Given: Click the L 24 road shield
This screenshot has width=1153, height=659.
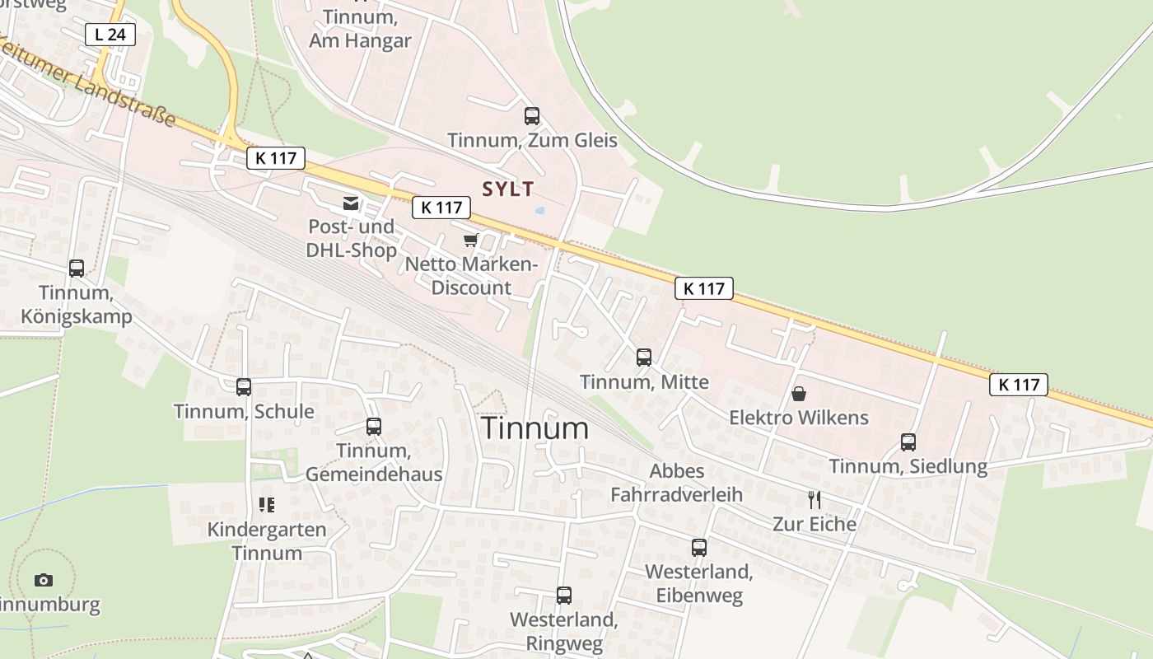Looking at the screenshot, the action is (110, 35).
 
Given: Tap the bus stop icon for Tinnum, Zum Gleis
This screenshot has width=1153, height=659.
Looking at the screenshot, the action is (532, 116).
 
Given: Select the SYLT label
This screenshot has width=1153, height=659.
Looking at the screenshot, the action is (508, 189).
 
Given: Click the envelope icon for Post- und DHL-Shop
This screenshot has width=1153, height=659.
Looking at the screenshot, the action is (352, 203).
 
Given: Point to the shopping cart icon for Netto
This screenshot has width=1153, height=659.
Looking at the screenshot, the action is (470, 241).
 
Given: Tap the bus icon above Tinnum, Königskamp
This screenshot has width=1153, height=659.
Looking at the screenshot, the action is (77, 269).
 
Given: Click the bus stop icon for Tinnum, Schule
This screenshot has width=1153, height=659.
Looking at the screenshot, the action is (244, 387).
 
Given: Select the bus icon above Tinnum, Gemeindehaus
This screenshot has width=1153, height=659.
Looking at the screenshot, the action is (374, 427).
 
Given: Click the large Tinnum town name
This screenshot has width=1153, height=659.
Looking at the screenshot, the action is (534, 428).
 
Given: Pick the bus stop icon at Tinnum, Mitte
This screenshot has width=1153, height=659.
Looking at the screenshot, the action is (644, 358).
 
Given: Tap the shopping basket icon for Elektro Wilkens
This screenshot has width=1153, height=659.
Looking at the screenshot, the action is (799, 394).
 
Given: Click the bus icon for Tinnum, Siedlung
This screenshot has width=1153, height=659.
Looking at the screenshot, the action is (908, 442).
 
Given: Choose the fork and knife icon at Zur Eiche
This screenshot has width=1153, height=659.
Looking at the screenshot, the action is (815, 500).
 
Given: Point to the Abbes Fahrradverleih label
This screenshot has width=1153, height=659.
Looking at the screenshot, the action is (676, 483).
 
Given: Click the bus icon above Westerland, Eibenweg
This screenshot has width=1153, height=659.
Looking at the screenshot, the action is (699, 548).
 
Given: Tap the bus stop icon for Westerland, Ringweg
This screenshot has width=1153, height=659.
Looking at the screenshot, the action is (564, 596).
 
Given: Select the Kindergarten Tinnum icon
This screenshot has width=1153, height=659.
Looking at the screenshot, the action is (266, 505).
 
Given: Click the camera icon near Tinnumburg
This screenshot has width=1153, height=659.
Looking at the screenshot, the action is (44, 581).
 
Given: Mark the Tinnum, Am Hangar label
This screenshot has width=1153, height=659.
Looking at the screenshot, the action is (360, 29).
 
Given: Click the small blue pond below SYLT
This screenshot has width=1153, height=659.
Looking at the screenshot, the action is (539, 211).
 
